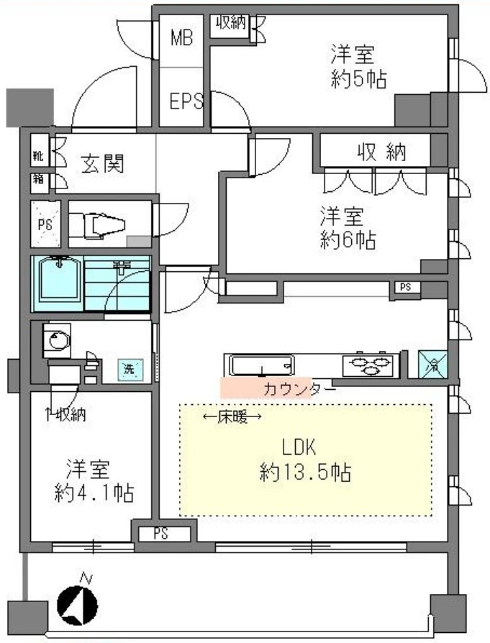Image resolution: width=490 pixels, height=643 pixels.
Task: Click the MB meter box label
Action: (181, 38)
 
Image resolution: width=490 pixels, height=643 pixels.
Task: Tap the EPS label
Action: (186, 101)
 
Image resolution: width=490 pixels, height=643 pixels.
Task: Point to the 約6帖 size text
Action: (348, 240)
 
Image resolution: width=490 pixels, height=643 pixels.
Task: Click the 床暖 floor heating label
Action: (232, 416)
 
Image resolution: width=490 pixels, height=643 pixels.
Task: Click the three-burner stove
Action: (370, 365)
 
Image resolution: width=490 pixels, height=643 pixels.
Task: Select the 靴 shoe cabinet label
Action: (37, 155)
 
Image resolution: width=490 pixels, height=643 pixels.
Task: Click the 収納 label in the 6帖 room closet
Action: (381, 152)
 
